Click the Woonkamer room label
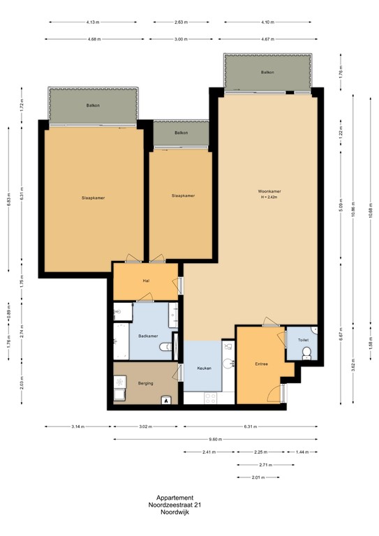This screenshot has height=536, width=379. tap(269, 191)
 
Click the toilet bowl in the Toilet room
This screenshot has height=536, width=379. tap(306, 355)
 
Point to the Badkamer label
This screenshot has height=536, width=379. tap(147, 336)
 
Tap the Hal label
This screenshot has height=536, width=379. tap(146, 281)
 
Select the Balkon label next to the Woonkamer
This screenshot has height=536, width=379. tap(267, 73)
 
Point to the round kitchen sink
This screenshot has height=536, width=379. tap(228, 362)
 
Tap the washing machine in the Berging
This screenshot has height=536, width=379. tap(120, 383)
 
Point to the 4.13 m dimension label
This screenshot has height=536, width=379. tap(92, 22)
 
